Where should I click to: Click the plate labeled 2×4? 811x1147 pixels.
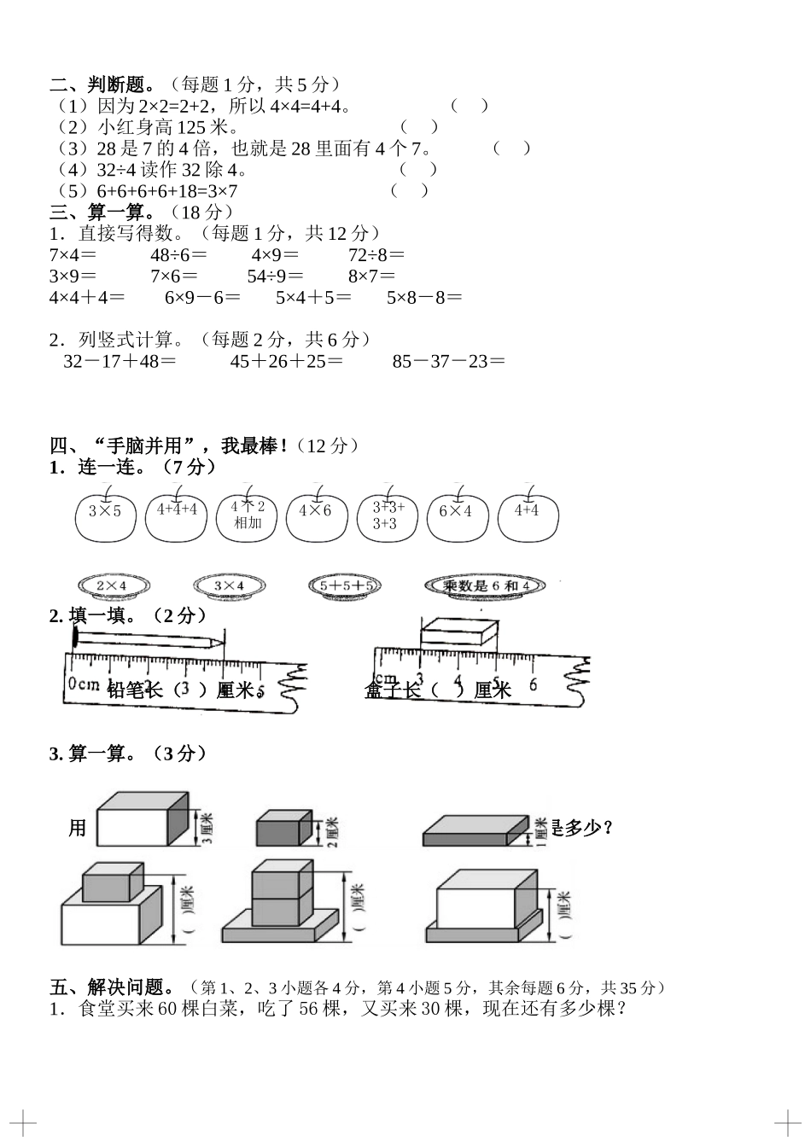point(113,586)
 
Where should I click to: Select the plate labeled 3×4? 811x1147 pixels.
point(229,586)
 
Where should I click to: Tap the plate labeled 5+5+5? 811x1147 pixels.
point(344,586)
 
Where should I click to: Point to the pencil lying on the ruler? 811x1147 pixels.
point(149,639)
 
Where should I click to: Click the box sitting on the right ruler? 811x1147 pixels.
point(458,632)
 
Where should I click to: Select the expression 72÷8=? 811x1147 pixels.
point(376,255)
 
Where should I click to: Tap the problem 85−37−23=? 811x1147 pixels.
point(449,361)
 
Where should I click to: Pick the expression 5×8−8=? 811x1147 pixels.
point(424,298)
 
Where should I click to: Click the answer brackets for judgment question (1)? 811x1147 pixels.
point(470,106)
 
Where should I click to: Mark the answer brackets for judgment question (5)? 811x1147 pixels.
point(410,190)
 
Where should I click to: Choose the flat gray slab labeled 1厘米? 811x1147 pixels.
point(476,830)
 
